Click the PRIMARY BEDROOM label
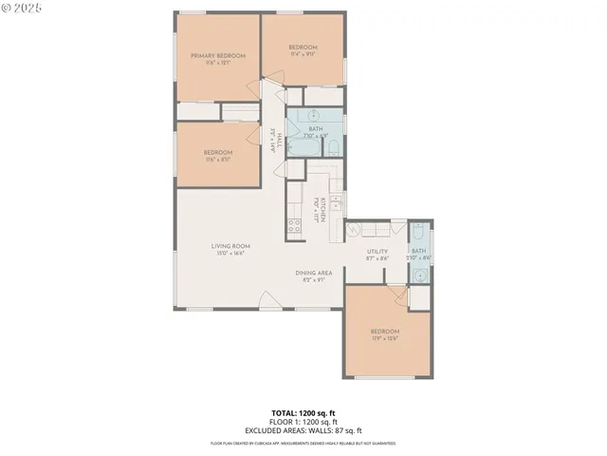click(217, 56)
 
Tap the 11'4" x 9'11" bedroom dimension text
click(303, 54)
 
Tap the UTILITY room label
click(377, 252)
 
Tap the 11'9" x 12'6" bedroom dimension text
click(384, 337)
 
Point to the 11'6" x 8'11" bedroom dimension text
click(217, 159)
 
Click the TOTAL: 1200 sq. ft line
click(303, 413)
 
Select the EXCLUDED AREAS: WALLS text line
click(303, 430)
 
